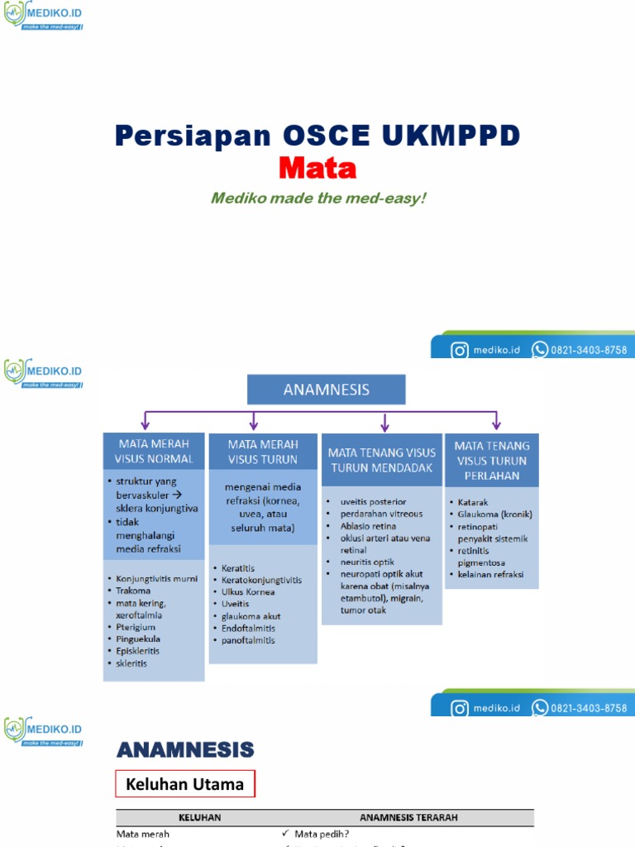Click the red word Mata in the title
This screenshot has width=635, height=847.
coord(317,168)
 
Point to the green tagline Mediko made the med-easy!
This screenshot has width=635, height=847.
coord(317,199)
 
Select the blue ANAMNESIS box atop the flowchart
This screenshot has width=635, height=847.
coord(327,390)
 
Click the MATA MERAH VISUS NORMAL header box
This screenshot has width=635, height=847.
coord(154,452)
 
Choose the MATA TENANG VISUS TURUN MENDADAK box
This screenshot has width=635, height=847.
coord(382,460)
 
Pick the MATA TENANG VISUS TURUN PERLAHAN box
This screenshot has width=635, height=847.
coord(492,460)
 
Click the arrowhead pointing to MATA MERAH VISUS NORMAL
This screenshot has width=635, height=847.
coord(146,425)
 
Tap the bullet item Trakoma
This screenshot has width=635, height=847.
coord(134,591)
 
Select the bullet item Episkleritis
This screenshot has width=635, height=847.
coord(138,651)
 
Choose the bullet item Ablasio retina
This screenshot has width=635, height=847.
coord(368,526)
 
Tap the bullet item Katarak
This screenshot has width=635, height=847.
coord(475,502)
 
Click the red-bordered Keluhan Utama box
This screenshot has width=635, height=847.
coord(184,784)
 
